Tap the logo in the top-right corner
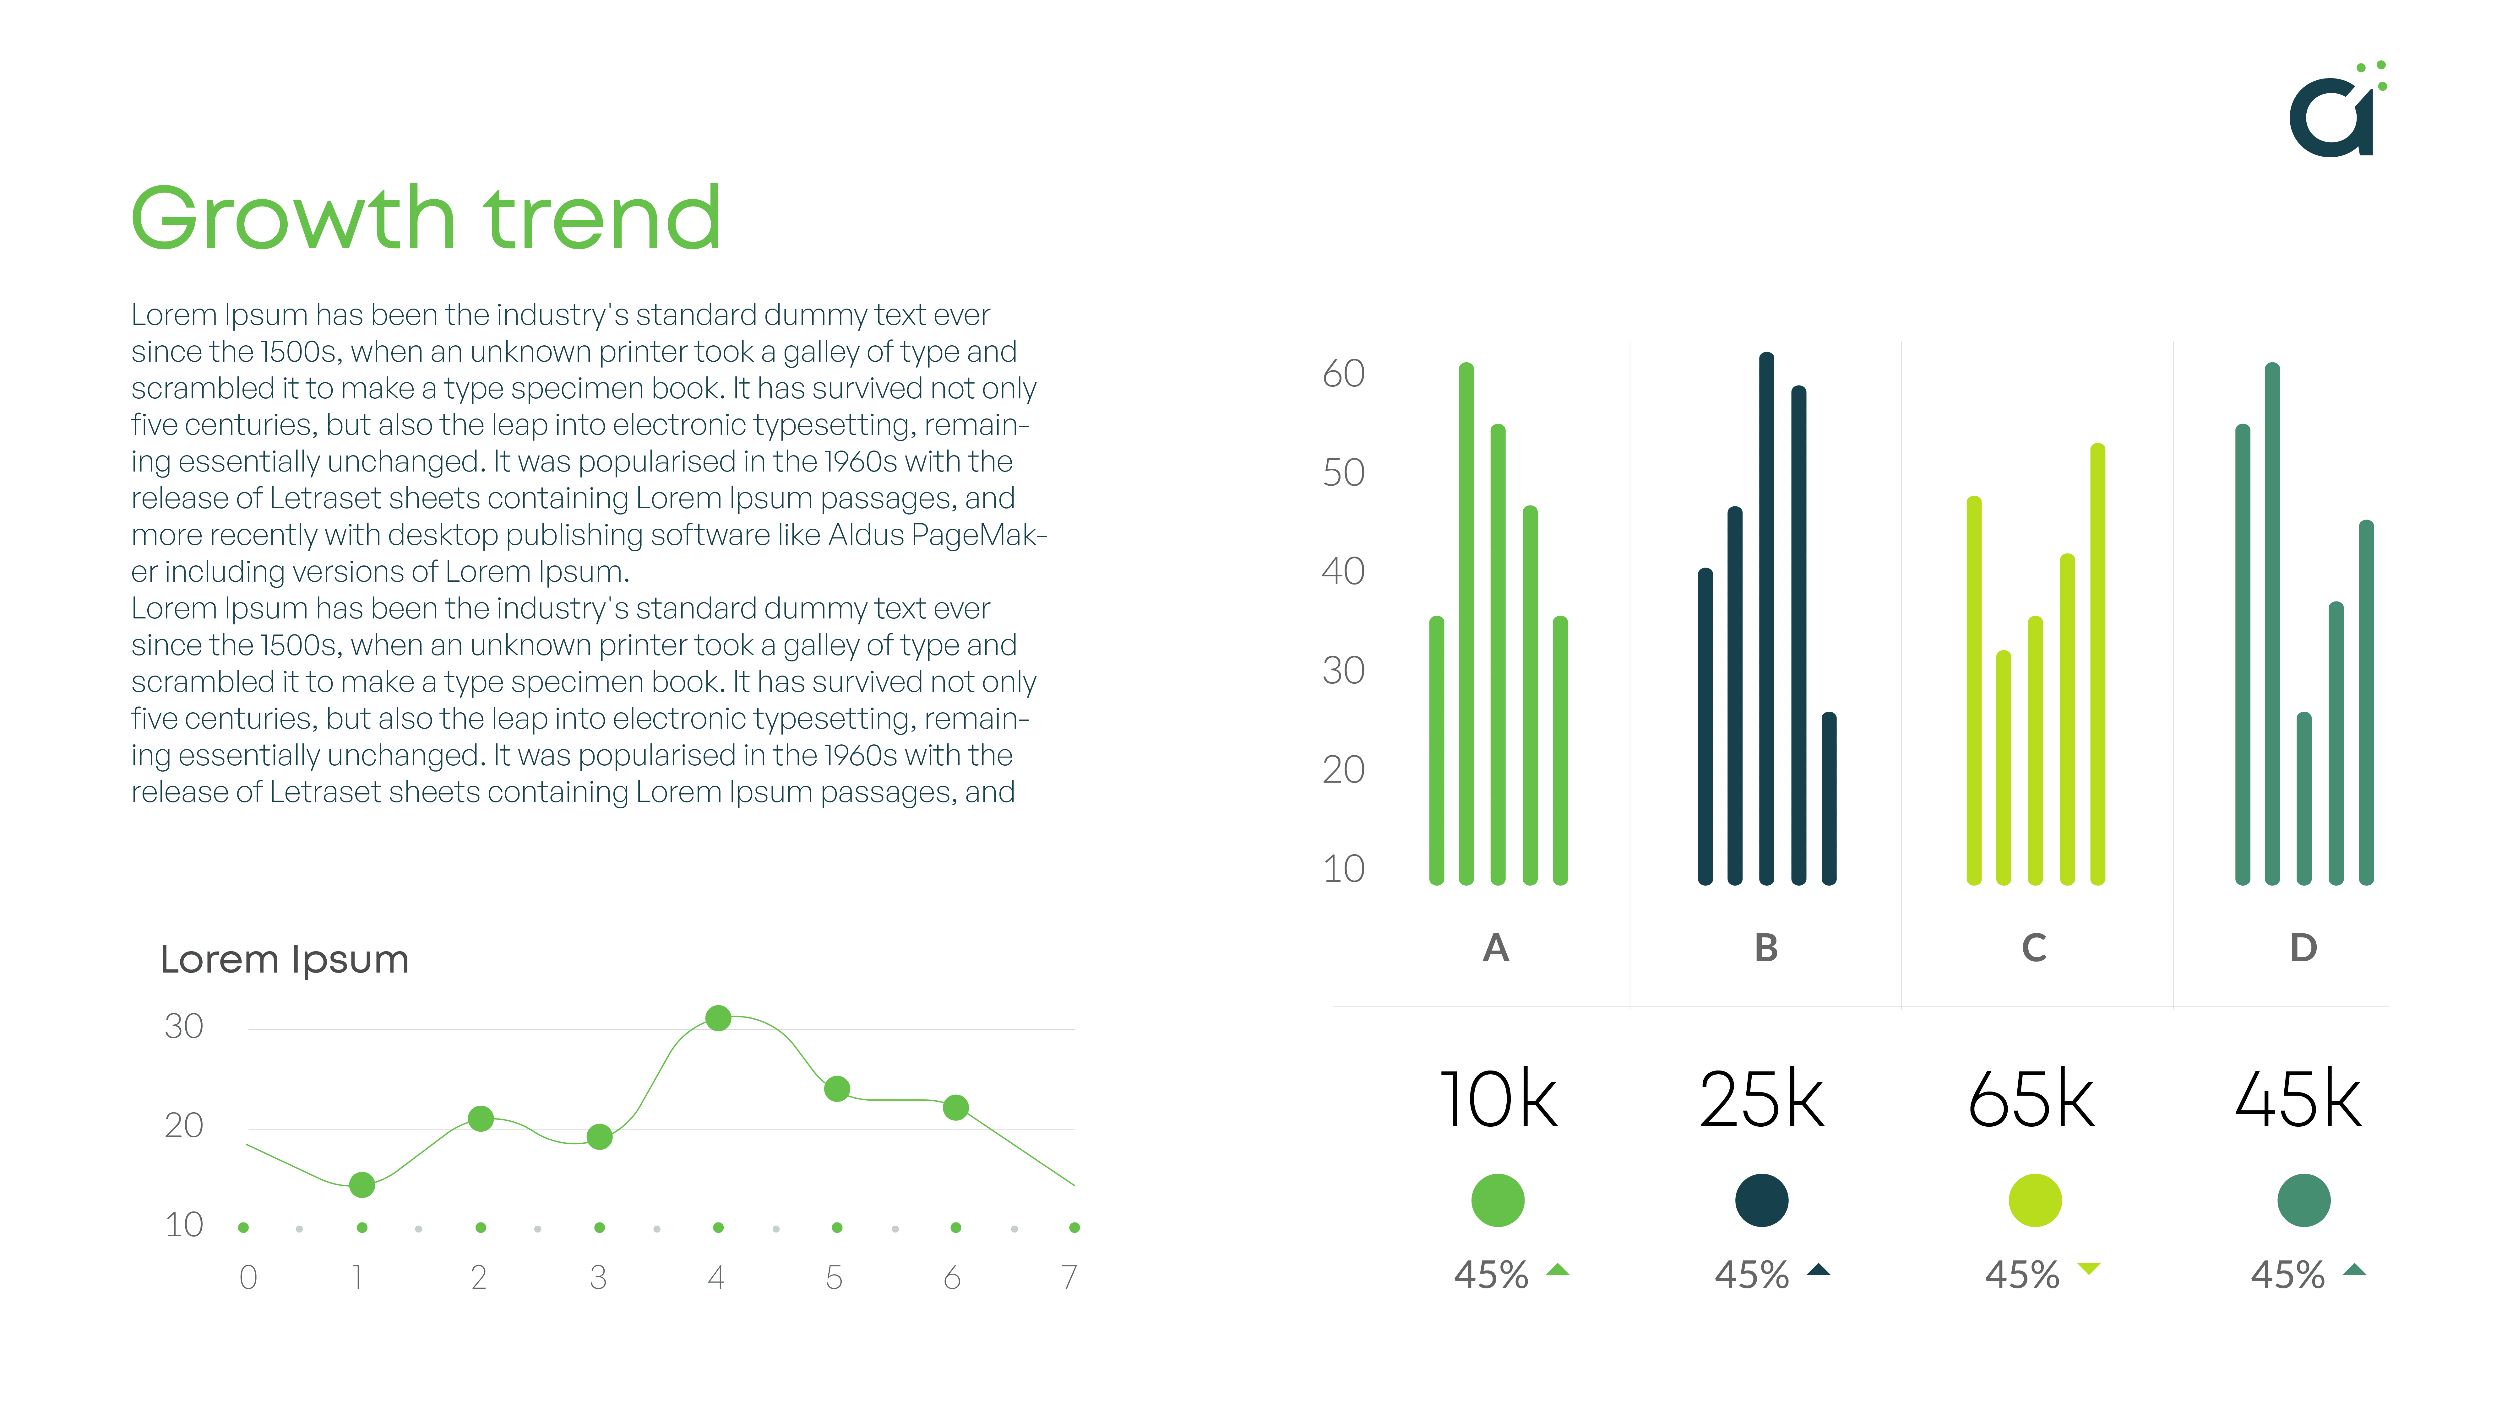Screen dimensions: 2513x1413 point(2337,109)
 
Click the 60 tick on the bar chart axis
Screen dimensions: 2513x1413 point(1343,374)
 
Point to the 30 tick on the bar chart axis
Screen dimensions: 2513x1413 point(1343,671)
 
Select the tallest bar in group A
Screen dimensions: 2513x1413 point(1466,624)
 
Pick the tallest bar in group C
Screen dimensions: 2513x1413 point(2097,664)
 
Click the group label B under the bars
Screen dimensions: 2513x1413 point(1766,948)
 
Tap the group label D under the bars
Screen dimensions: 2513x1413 point(2303,948)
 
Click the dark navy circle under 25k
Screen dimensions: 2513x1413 point(1762,1200)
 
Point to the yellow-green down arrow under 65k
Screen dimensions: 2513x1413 point(2089,1269)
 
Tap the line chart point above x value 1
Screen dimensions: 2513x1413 point(362,1185)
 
